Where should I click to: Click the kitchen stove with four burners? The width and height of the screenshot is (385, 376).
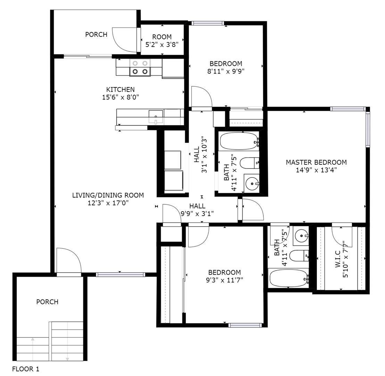[140, 68]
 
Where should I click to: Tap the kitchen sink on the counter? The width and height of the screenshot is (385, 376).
[156, 115]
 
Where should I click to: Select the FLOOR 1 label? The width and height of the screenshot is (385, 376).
[26, 369]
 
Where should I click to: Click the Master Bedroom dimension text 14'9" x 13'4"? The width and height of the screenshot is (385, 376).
[316, 170]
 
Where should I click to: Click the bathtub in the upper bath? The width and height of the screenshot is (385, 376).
[239, 141]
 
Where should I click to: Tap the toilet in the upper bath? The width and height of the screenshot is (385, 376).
[250, 163]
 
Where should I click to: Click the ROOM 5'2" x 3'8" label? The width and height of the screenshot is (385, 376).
[162, 40]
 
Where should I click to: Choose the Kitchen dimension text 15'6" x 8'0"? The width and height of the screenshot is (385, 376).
[121, 97]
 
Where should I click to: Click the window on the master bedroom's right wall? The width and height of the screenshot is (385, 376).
[368, 129]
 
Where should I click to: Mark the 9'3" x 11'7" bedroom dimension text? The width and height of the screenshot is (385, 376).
[224, 280]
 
